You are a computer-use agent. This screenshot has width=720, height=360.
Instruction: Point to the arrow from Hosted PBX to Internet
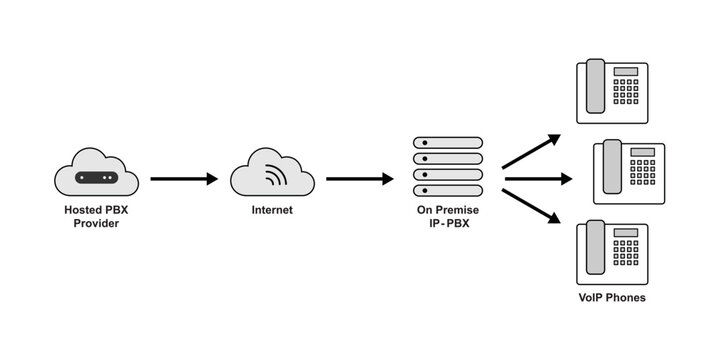point(183,179)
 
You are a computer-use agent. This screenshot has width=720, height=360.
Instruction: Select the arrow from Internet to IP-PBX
point(359,179)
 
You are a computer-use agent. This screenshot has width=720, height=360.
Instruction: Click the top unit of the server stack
point(447,143)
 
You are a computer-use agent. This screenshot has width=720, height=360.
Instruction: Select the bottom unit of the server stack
point(447,190)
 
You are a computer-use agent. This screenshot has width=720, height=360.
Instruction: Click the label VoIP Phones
point(612,298)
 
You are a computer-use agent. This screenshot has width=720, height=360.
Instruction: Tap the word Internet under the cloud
point(272,211)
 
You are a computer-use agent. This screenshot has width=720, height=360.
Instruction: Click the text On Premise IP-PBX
point(447,218)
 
